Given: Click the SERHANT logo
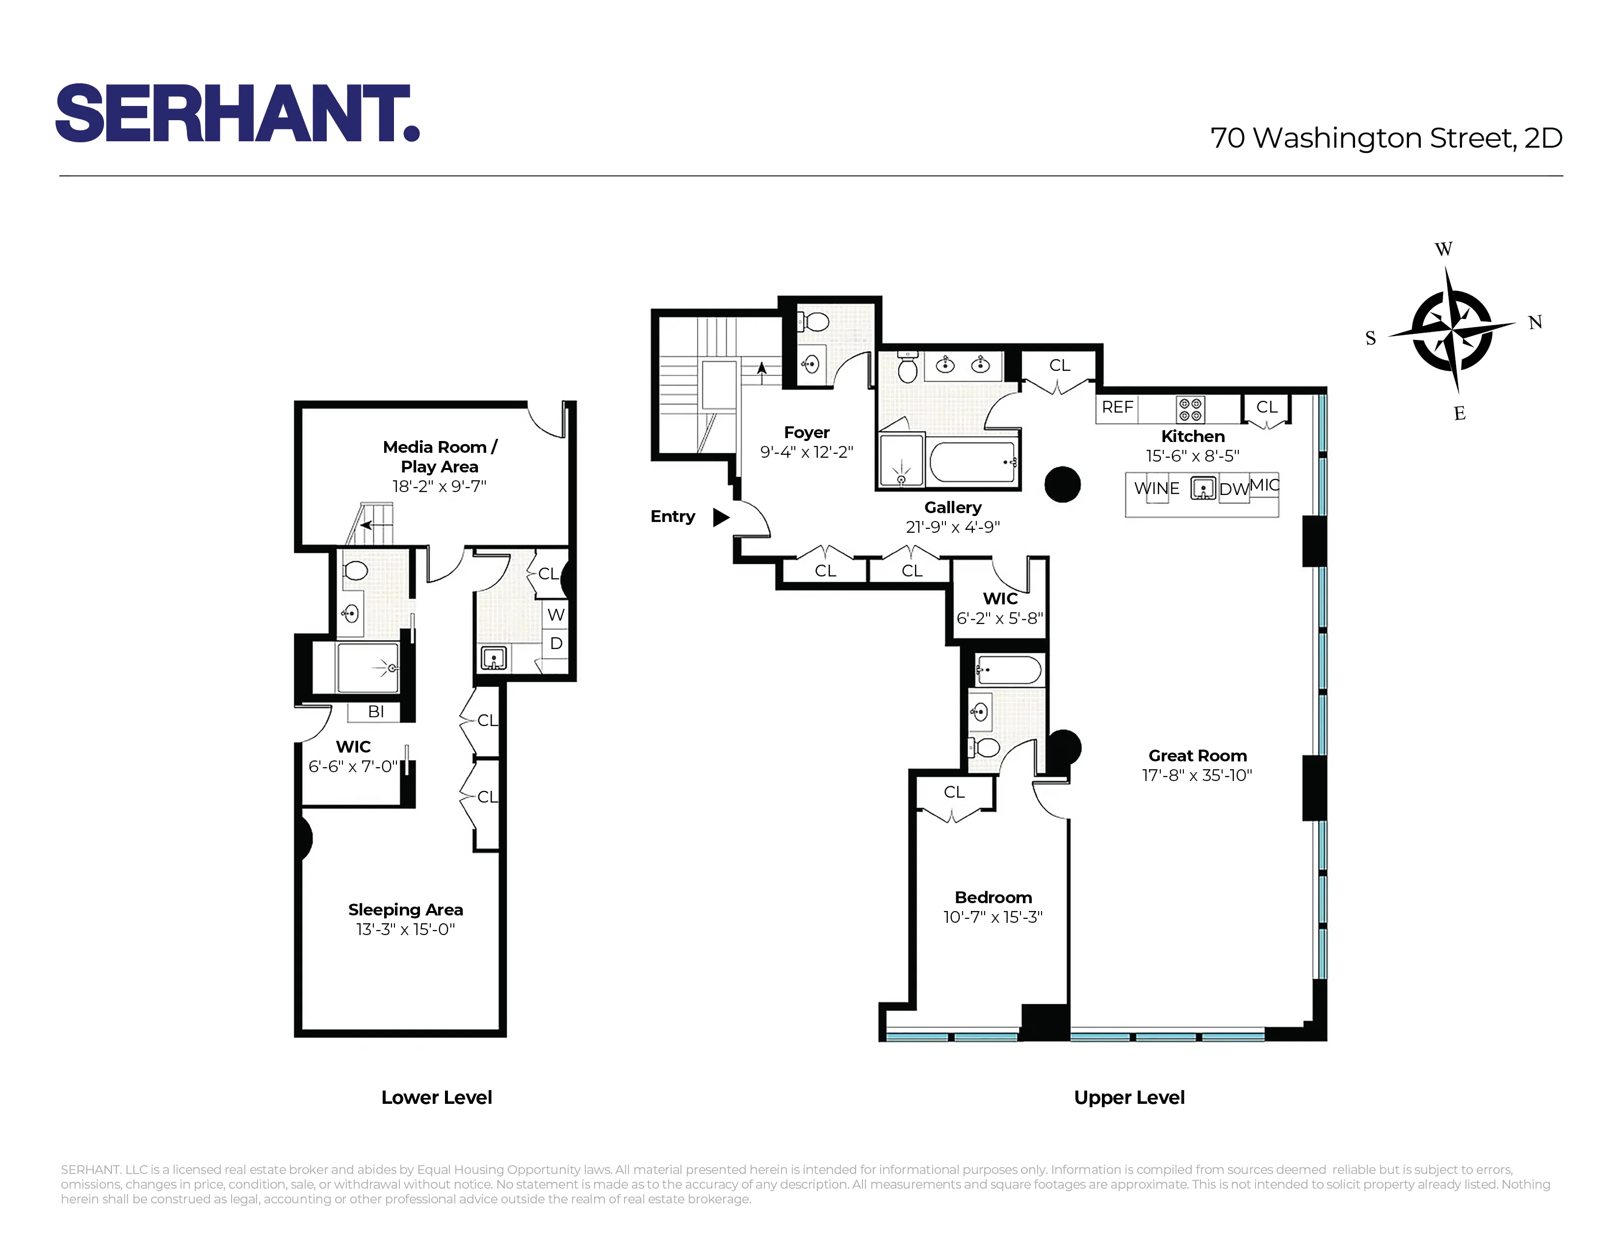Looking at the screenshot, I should click(237, 113).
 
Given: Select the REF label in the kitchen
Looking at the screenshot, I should click(1117, 407).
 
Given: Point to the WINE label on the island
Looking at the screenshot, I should click(1156, 489).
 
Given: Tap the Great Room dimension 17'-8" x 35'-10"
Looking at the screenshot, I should click(1197, 775).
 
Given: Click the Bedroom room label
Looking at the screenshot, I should click(992, 897).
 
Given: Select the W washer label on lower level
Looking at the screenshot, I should click(556, 614).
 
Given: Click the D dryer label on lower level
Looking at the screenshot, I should click(556, 643).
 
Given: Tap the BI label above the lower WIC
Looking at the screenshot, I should click(376, 711).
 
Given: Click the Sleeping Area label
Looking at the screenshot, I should click(406, 910).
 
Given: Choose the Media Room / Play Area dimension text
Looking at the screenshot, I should click(439, 486).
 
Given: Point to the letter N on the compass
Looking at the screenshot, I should click(1535, 322).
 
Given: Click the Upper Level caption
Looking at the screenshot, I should click(1128, 1097).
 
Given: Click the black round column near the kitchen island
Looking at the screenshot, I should click(1062, 485).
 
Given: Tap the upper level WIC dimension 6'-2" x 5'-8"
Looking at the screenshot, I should click(999, 618).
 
